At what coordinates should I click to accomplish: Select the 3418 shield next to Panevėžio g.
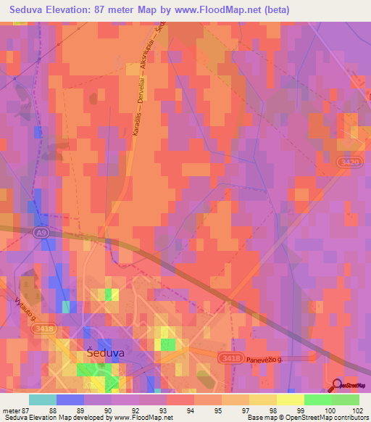[233, 357]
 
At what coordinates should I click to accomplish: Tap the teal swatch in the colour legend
[43, 400]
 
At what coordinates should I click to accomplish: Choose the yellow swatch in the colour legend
[290, 400]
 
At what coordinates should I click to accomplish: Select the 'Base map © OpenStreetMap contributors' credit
[307, 418]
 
